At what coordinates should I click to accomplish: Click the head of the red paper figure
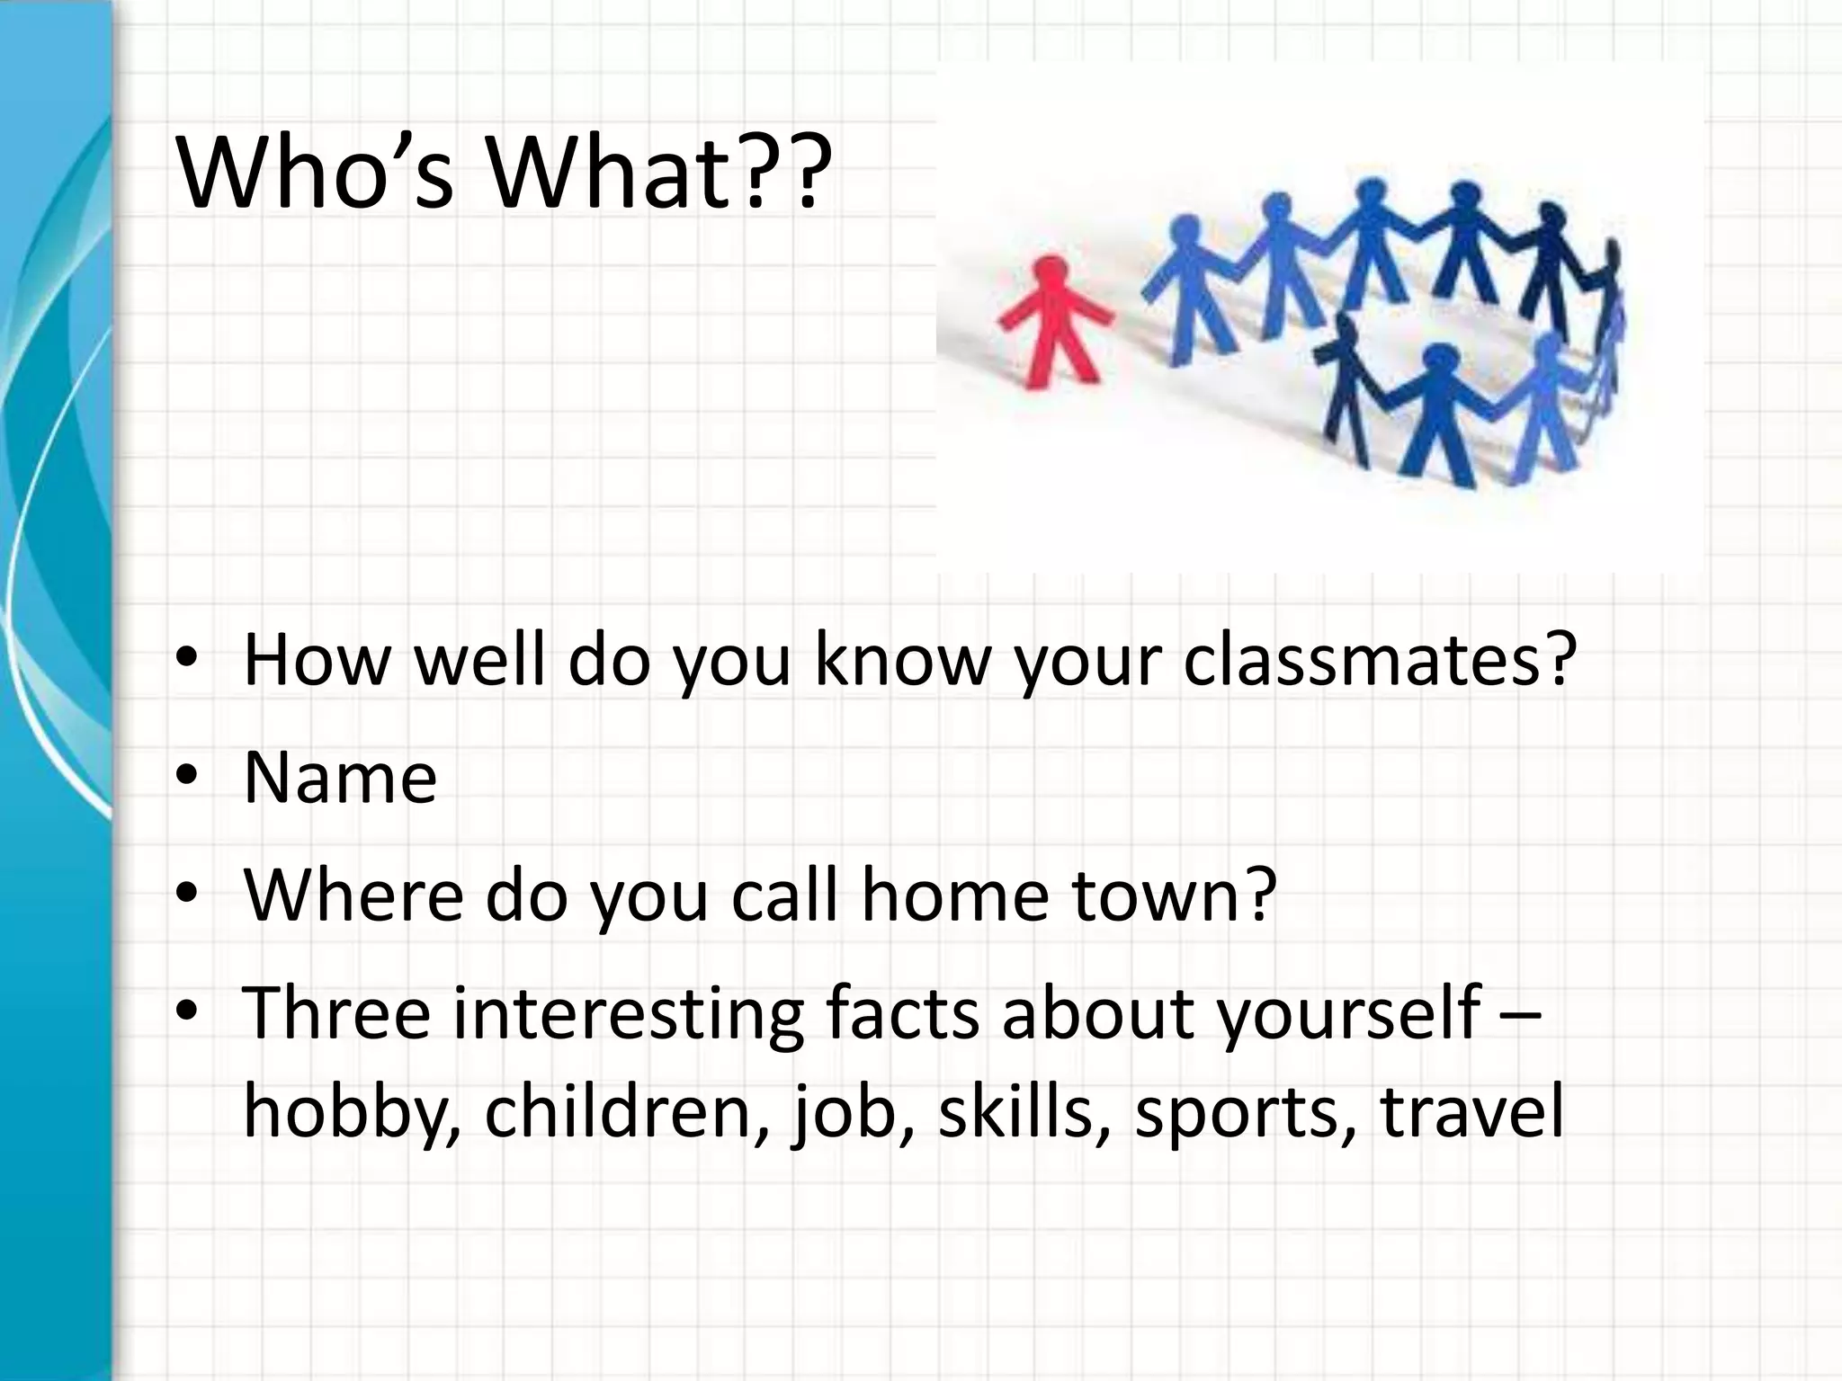pos(1049,269)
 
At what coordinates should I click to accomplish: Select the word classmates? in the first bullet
pos(1380,659)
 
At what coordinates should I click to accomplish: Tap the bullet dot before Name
pos(186,779)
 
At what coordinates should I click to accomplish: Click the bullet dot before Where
pos(186,896)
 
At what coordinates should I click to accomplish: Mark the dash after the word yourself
pos(1521,1014)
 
